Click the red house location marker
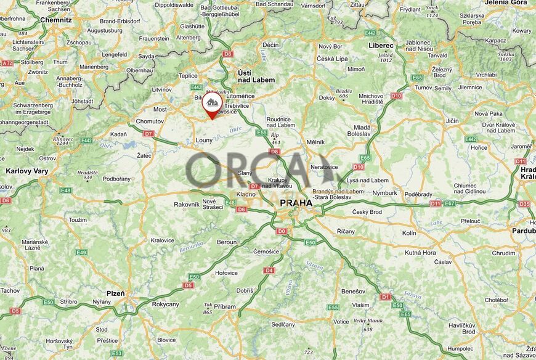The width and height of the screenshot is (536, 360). pos(213,103)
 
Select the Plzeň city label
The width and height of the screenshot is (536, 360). pos(116,293)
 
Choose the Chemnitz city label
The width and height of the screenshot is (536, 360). pos(56,20)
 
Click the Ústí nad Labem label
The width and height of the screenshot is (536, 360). pos(253,76)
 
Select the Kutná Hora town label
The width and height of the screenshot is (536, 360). pos(421,253)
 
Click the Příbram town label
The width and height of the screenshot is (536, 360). pos(225,306)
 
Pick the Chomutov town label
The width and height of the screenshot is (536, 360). pos(149,121)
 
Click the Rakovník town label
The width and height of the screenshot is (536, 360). pos(187,204)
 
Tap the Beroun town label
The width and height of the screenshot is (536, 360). pos(227,242)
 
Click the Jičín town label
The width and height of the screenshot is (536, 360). pos(452,120)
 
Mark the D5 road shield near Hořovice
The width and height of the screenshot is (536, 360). pos(189,285)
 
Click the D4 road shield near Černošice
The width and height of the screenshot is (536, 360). pos(269,270)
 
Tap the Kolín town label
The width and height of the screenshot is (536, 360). pos(409,233)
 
